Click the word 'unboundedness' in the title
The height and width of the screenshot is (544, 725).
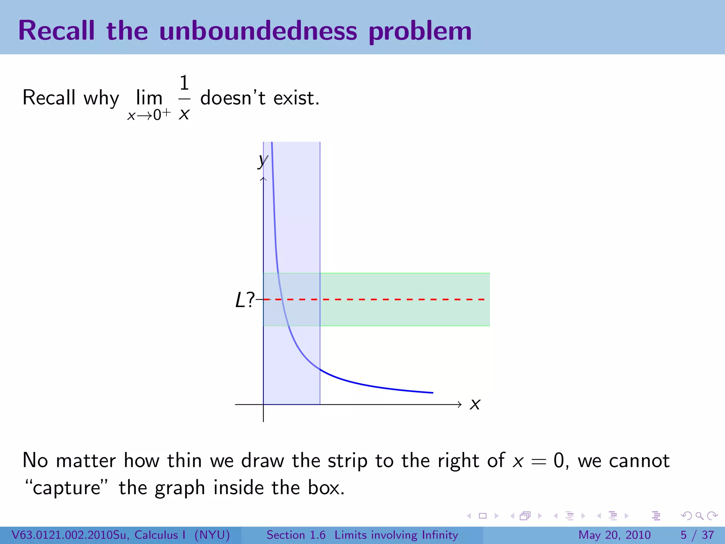point(258,31)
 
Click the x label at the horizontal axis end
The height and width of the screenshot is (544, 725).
point(475,404)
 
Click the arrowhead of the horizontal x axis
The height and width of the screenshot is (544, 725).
point(459,404)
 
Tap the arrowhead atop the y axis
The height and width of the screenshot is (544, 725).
point(263,179)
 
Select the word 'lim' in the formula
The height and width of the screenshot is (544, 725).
point(149,98)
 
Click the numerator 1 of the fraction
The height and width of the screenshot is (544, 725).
point(184,83)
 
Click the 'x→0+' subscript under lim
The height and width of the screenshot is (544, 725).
point(149,115)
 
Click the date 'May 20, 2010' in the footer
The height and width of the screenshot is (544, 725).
point(614,535)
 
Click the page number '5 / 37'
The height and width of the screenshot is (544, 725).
point(697,535)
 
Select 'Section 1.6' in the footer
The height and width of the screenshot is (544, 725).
point(296,535)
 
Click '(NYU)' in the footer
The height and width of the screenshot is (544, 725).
point(212,535)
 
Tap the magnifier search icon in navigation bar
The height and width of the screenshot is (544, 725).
point(699,516)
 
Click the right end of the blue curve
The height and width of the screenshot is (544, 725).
point(433,392)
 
